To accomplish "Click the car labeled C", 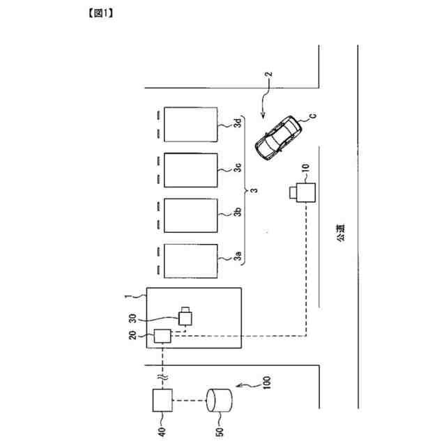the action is [x=278, y=137].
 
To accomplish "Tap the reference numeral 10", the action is [x=304, y=168].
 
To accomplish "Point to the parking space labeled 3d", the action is [x=190, y=124].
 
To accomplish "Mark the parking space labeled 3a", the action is [x=190, y=259].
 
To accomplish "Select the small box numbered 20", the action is [x=163, y=336].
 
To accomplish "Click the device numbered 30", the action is [x=186, y=317].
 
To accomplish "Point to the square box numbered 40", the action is [x=162, y=401].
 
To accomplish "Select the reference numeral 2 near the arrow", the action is [x=268, y=74].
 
